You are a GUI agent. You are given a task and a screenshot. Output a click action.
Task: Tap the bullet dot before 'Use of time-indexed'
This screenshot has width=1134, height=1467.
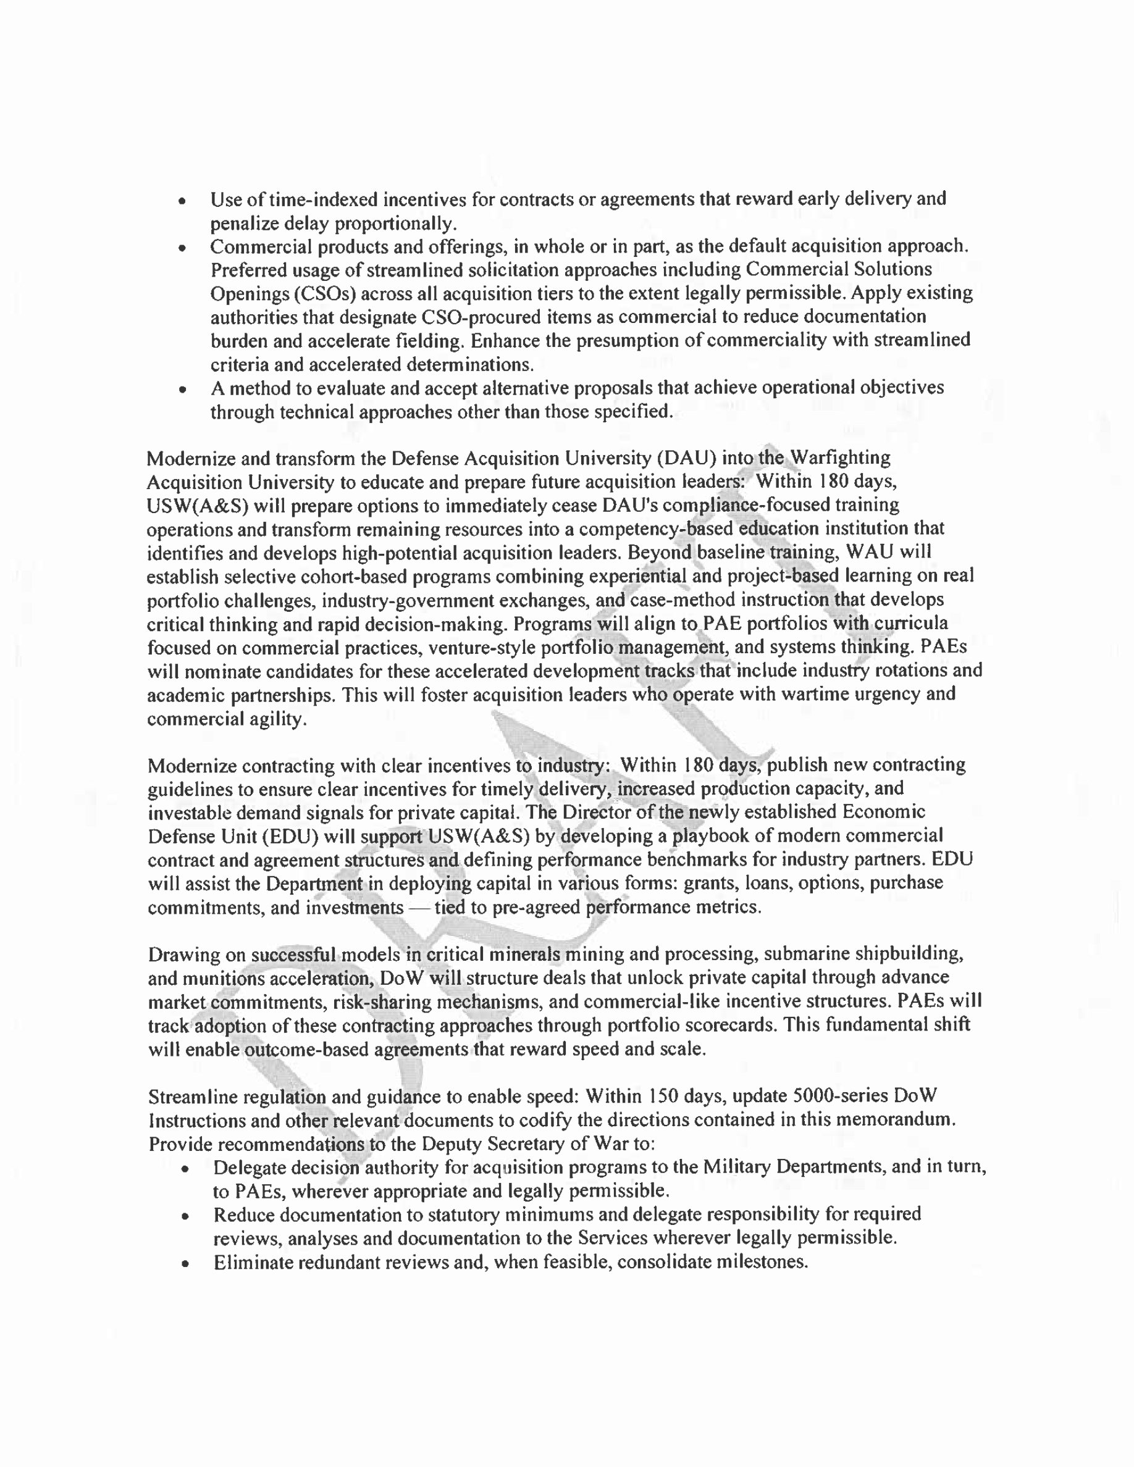(x=182, y=201)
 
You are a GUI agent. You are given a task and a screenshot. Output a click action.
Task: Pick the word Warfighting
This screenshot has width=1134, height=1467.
(x=840, y=458)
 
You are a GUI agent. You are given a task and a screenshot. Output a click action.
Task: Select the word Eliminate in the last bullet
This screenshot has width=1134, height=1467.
(x=253, y=1262)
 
